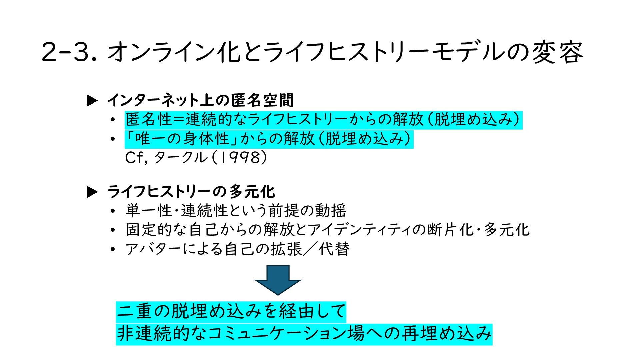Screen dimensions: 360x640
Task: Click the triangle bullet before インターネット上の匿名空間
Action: tap(92, 101)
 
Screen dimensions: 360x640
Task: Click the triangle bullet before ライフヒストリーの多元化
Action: tap(92, 192)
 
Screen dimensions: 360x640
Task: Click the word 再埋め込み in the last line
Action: tap(447, 334)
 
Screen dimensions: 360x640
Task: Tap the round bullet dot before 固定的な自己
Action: tap(113, 230)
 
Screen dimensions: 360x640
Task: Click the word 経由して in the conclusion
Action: tap(312, 311)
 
